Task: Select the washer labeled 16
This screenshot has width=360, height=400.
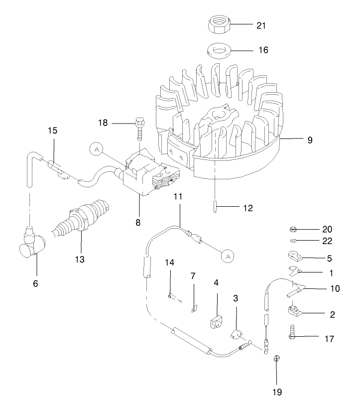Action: (217, 51)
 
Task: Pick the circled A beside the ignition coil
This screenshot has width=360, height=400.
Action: (96, 148)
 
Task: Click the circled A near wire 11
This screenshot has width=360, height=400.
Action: (228, 256)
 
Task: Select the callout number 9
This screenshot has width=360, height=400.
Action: (310, 140)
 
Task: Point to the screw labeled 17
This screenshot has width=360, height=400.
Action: (292, 332)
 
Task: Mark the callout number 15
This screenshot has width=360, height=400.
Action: (53, 131)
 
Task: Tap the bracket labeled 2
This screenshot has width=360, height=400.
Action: (293, 312)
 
